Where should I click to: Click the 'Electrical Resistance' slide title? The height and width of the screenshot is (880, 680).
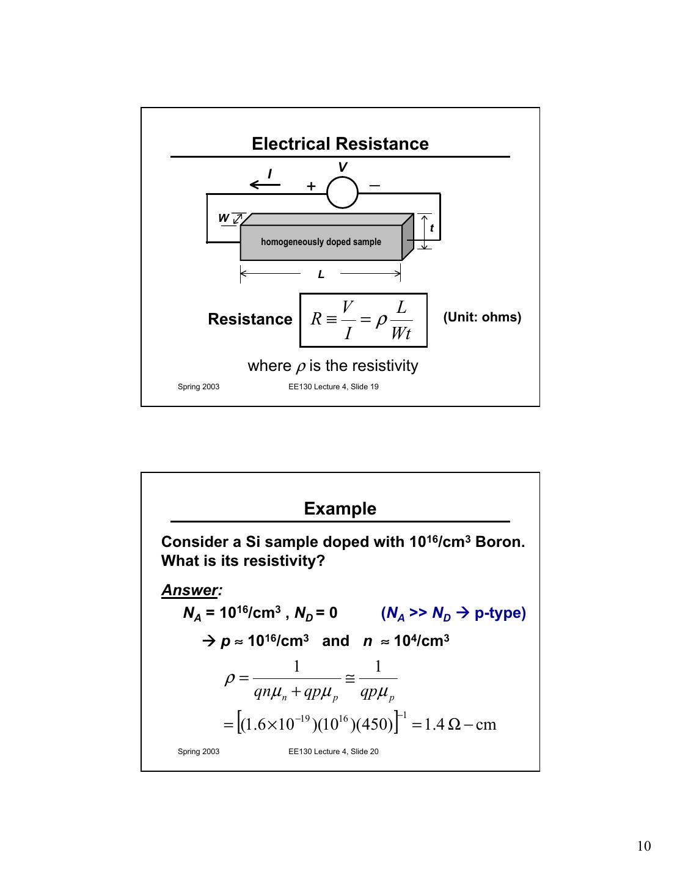[340, 144]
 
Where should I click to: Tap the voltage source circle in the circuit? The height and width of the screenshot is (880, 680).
[342, 193]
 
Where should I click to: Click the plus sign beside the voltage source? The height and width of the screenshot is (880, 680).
[311, 186]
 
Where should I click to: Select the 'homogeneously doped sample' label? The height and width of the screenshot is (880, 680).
[321, 242]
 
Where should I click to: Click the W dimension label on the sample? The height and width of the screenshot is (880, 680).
[224, 218]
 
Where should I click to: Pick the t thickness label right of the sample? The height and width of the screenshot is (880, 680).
[431, 229]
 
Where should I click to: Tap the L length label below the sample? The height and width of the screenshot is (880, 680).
[321, 275]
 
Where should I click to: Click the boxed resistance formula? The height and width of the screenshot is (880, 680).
[363, 320]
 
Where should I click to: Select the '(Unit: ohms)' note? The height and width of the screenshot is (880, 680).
[482, 317]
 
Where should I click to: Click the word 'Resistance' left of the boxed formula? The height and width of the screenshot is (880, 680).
[250, 319]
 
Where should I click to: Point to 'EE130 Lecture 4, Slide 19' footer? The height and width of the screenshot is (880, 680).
[333, 386]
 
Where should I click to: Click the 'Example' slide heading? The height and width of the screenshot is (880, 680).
[340, 509]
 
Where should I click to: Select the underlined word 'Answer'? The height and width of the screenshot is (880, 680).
[189, 590]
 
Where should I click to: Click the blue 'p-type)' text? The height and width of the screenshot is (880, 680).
[500, 613]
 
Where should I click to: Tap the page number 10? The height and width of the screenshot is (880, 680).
[643, 846]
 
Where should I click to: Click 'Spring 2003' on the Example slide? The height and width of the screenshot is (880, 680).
[199, 751]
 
